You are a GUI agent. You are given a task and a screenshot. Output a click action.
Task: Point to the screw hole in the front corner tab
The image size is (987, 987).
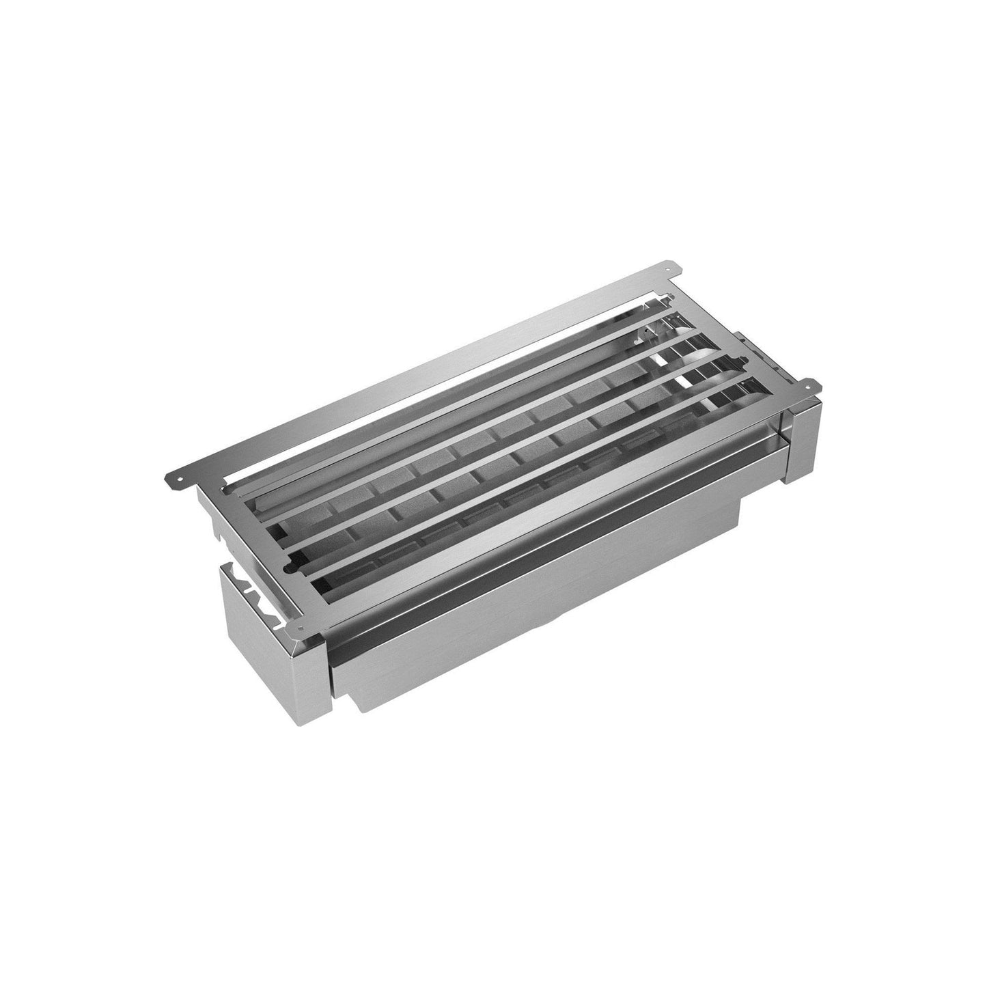[x=298, y=607]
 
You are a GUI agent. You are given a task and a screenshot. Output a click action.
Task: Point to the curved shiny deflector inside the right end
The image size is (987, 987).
[x=710, y=355]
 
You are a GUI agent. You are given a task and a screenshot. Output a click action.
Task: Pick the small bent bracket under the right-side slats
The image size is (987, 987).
[x=645, y=335]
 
